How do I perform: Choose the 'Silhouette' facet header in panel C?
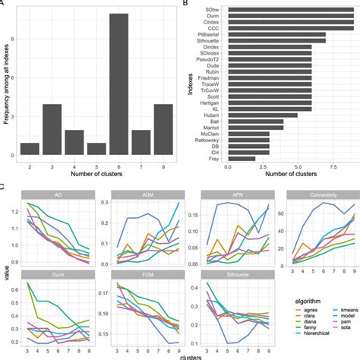(227, 275)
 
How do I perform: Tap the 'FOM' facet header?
(137, 275)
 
